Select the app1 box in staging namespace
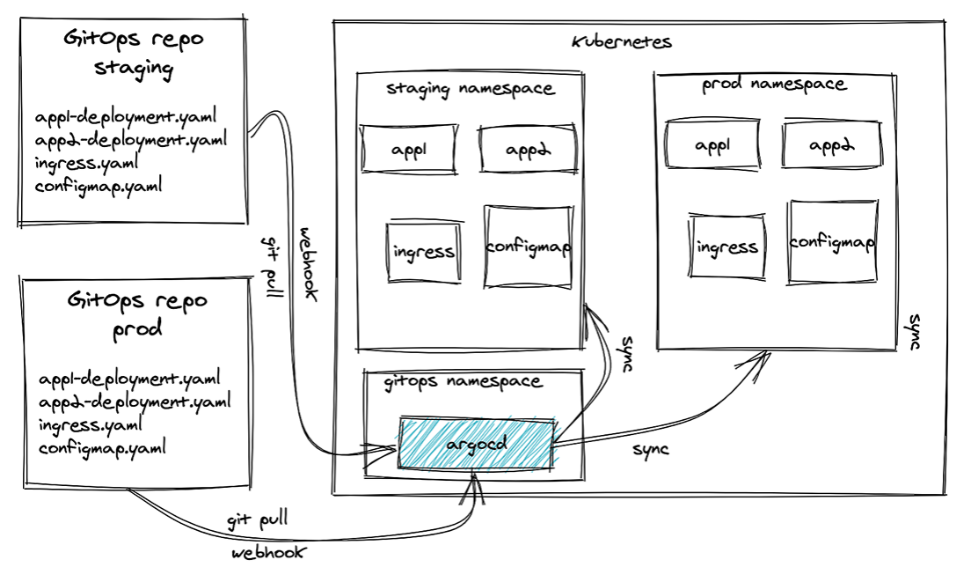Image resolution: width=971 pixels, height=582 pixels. [408, 149]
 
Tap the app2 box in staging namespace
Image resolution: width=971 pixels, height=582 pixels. [527, 149]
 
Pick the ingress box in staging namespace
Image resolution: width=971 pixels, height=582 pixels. [424, 252]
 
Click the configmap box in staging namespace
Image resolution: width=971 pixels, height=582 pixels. [528, 247]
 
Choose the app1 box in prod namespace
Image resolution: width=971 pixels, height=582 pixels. [712, 144]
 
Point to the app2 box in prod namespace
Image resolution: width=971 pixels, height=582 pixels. [830, 144]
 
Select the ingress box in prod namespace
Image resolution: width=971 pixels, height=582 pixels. [726, 247]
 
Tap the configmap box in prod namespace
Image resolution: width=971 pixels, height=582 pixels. [831, 241]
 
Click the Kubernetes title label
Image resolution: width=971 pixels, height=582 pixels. [621, 41]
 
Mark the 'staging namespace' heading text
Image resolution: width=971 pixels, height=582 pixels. [471, 88]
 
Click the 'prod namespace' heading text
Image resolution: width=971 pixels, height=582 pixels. [774, 85]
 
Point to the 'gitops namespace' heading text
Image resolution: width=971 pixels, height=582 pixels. [464, 382]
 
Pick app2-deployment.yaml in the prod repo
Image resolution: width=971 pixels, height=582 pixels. [135, 402]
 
